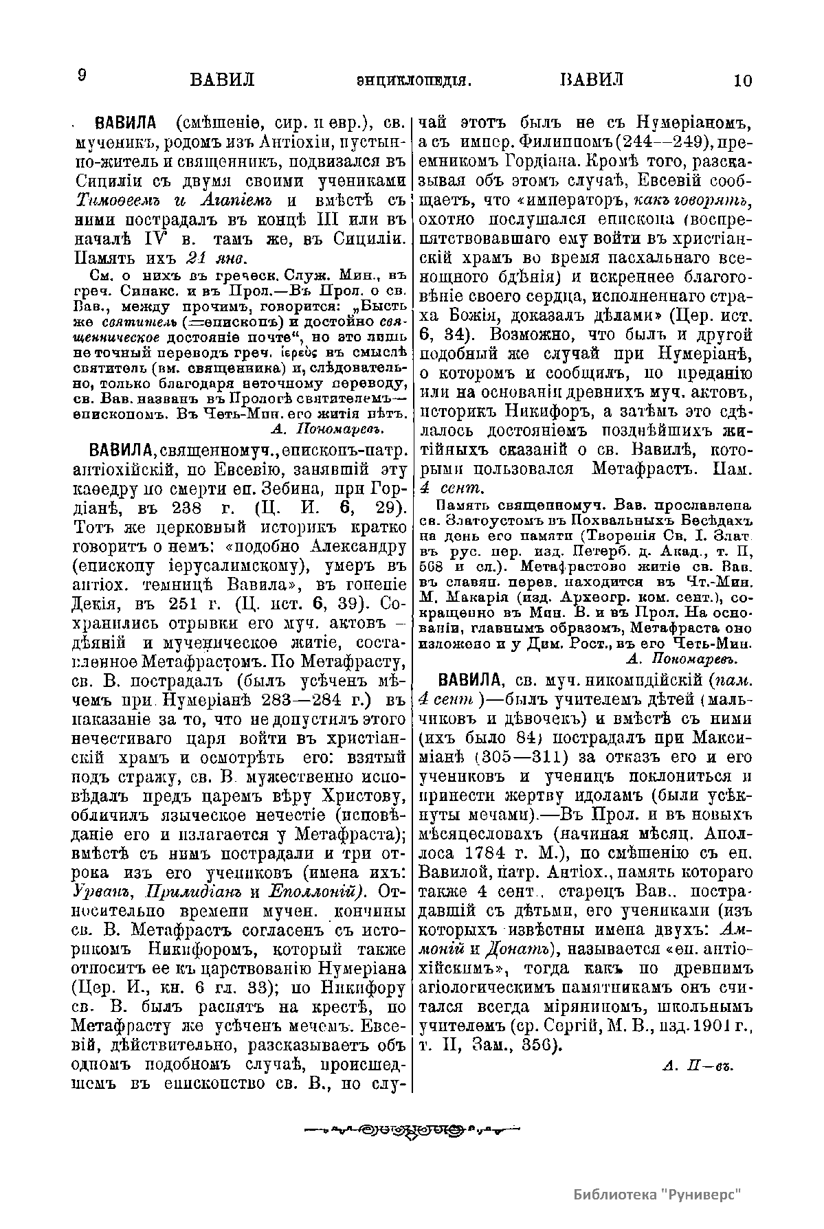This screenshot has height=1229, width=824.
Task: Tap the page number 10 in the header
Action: pyautogui.click(x=743, y=80)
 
